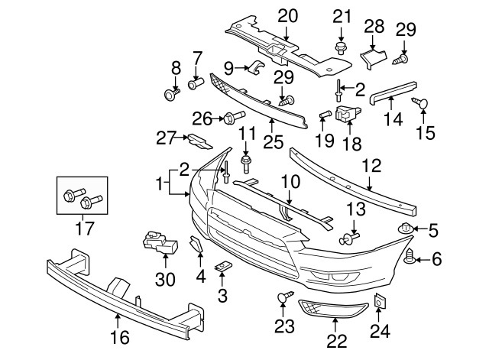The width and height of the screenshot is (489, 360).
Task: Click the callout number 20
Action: [287, 15]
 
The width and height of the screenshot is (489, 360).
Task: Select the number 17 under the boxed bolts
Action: [80, 227]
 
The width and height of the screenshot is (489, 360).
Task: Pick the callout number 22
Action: [336, 342]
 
